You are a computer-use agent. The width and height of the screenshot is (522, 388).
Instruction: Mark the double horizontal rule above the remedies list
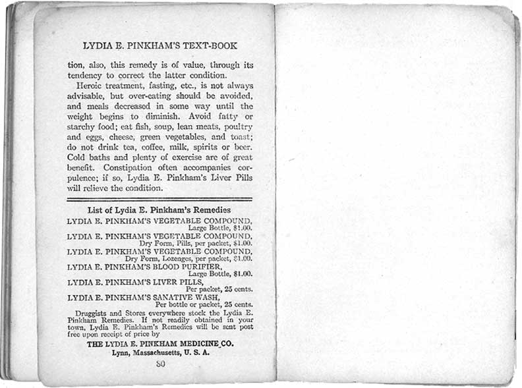tap(159, 198)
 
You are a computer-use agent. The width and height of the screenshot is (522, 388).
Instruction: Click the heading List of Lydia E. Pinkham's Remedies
tap(160, 210)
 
